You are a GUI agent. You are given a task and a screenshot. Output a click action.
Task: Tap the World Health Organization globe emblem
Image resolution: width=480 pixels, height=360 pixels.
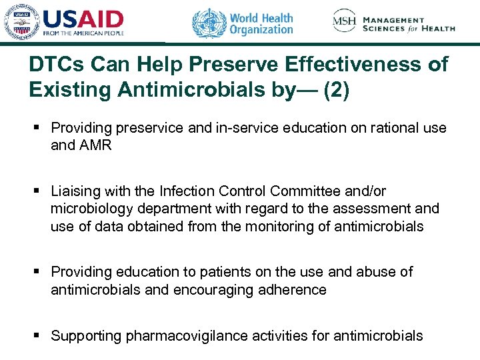click(209, 23)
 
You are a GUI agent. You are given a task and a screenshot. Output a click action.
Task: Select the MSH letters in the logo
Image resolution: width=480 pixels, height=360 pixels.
click(344, 22)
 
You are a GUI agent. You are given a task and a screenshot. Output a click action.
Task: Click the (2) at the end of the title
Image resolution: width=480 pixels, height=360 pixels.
click(335, 89)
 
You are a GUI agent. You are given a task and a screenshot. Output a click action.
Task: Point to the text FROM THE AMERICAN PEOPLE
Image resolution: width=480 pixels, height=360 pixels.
click(83, 33)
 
